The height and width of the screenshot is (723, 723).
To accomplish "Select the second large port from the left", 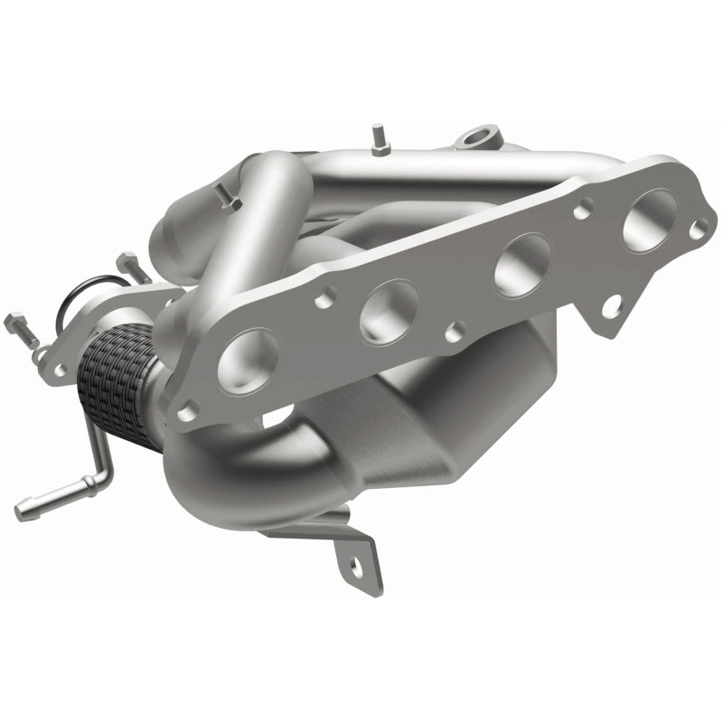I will pyautogui.click(x=389, y=311).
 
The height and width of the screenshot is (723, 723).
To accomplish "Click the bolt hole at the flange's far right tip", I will pyautogui.click(x=698, y=230).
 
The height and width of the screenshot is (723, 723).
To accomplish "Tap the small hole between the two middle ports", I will pyautogui.click(x=457, y=331).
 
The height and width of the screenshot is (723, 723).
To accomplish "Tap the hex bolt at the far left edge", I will pyautogui.click(x=20, y=323).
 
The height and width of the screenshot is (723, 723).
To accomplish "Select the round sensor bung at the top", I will pyautogui.click(x=475, y=138).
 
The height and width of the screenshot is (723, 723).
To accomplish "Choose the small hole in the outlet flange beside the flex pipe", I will pyautogui.click(x=60, y=371).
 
